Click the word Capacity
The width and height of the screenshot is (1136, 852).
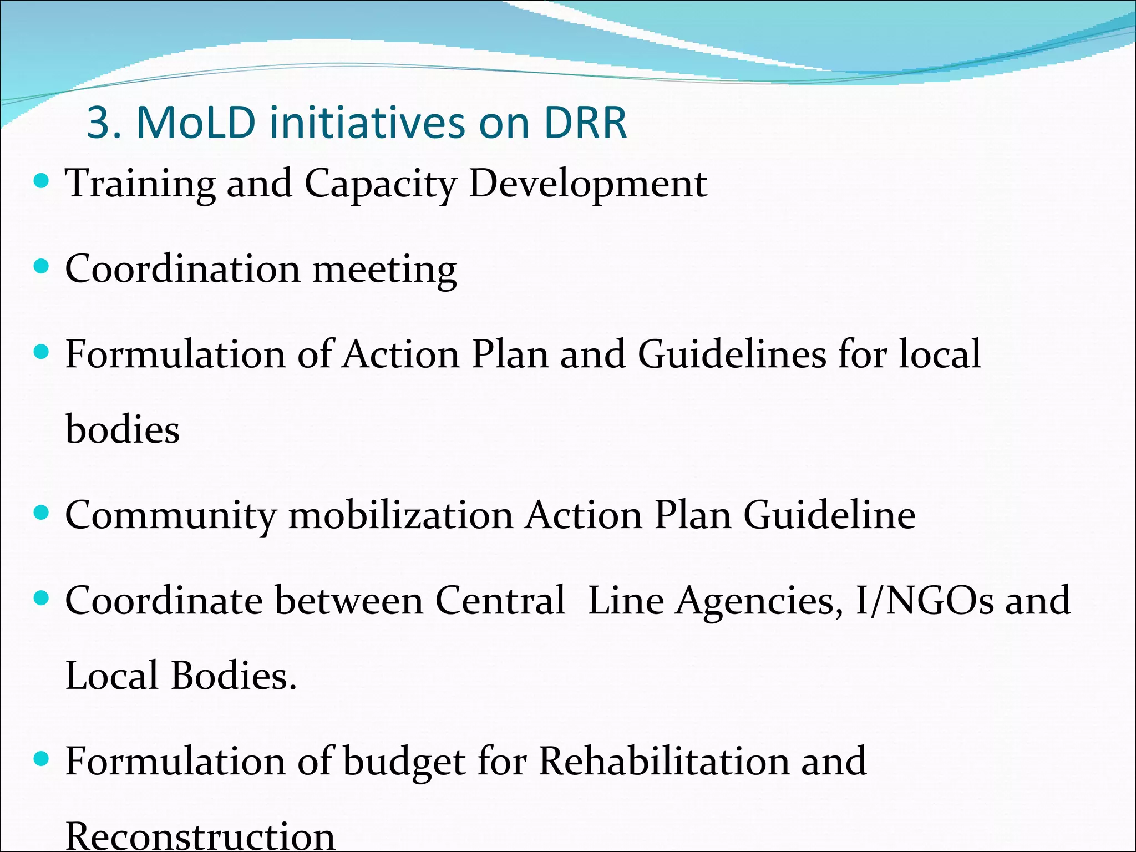tap(380, 184)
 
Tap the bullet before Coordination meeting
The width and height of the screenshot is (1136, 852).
tap(41, 267)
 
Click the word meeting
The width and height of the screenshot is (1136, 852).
tap(384, 270)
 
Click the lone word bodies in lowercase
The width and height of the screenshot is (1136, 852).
tap(123, 430)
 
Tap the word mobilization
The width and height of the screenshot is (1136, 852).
tap(401, 515)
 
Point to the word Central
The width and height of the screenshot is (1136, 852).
tap(500, 601)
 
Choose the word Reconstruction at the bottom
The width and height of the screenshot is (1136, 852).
tap(200, 836)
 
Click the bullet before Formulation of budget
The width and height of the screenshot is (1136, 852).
tap(41, 759)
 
